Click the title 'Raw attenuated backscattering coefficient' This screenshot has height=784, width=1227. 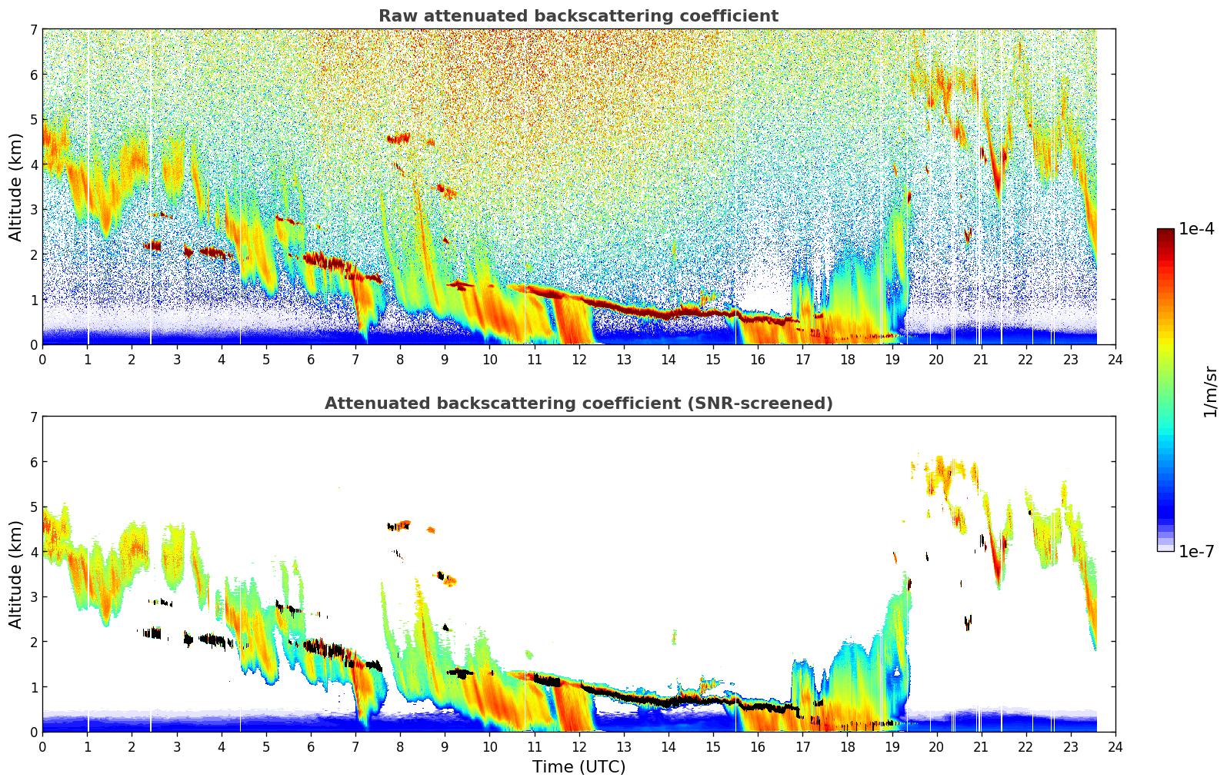(578, 16)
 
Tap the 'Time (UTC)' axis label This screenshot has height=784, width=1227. (578, 767)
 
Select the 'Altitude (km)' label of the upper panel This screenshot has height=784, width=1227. (15, 187)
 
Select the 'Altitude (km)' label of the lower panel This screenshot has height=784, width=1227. (15, 574)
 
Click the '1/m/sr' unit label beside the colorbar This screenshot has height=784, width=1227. (1210, 390)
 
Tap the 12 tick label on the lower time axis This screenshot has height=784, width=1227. (578, 747)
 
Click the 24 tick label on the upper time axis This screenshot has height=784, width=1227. (1115, 360)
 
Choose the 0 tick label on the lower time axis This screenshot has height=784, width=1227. (42, 747)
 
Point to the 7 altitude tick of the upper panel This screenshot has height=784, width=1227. (33, 29)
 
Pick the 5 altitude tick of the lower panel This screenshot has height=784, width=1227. (33, 507)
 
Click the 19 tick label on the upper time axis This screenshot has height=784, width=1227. (892, 360)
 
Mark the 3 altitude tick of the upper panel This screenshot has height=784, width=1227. (33, 209)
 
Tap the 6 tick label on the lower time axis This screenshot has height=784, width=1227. (311, 747)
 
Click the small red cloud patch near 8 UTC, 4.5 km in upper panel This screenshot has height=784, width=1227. (398, 138)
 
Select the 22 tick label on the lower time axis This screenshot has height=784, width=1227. (1025, 747)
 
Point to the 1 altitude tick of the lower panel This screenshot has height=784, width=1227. (33, 686)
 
